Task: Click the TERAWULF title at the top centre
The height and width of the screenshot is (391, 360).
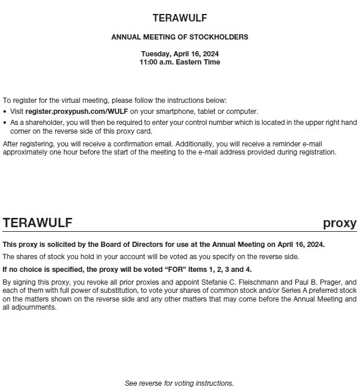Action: [x=180, y=18]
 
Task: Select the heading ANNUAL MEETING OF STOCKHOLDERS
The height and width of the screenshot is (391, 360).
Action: [x=180, y=37]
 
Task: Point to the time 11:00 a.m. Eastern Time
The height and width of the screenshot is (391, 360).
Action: [x=180, y=62]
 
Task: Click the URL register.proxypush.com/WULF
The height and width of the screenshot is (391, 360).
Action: [x=77, y=111]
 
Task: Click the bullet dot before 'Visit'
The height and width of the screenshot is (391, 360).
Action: [x=5, y=111]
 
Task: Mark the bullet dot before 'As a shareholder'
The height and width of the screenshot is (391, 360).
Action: [x=5, y=123]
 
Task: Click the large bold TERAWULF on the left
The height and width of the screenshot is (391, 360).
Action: [x=38, y=223]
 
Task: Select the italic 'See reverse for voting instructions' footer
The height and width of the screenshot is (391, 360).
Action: [x=179, y=383]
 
